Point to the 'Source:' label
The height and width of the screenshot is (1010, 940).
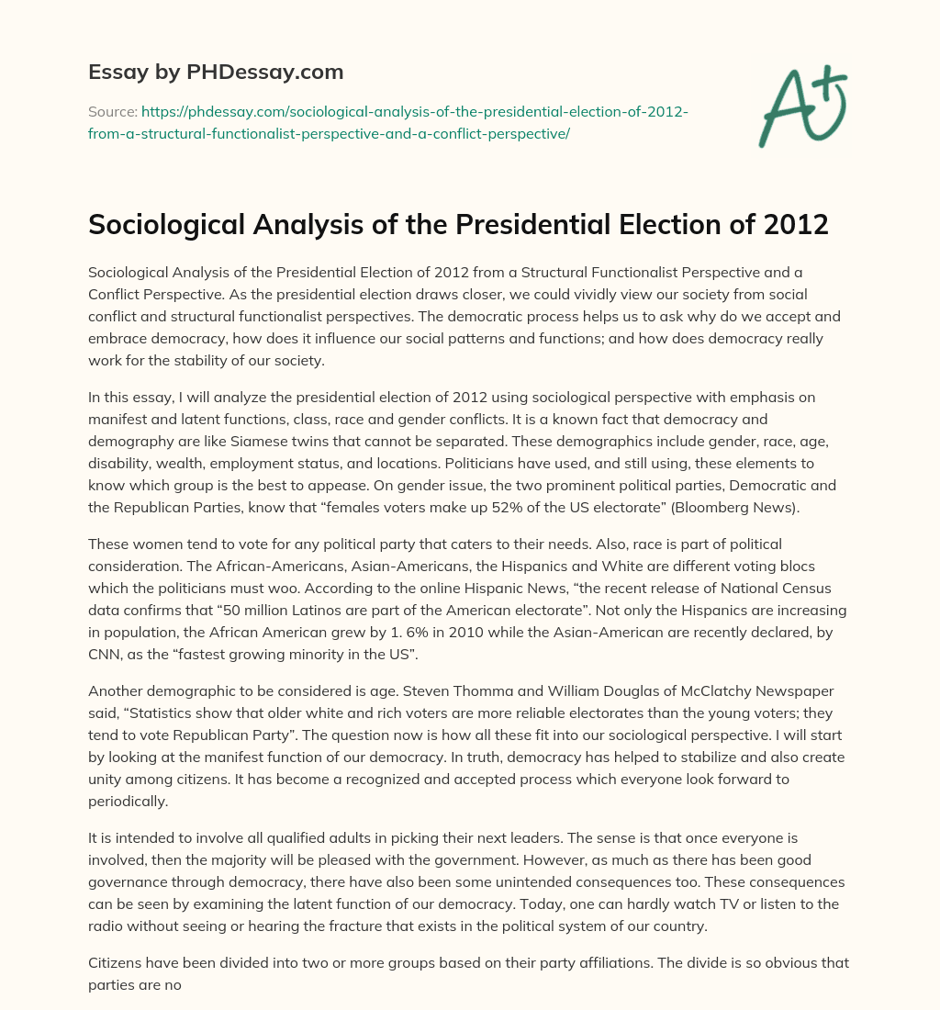tap(111, 112)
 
